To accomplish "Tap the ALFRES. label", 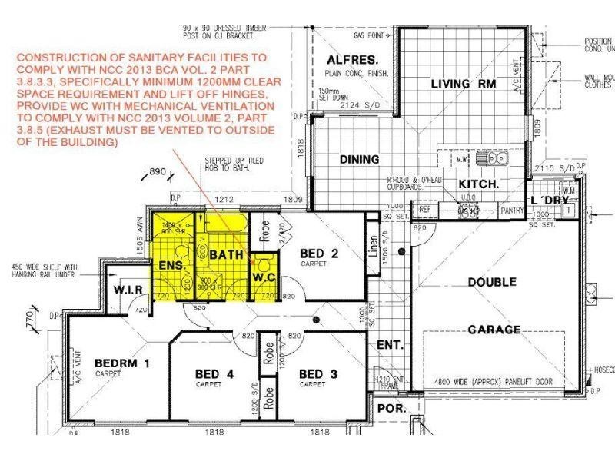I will pyautogui.click(x=344, y=61).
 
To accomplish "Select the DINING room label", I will pyautogui.click(x=359, y=160).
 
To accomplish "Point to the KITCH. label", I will pyautogui.click(x=479, y=184).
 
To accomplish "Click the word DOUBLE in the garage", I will pyautogui.click(x=492, y=283).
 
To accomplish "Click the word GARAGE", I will pyautogui.click(x=494, y=330).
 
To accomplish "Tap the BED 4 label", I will pyautogui.click(x=213, y=375).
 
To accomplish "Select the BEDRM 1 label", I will pyautogui.click(x=121, y=363).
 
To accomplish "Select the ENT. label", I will pyautogui.click(x=391, y=346).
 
